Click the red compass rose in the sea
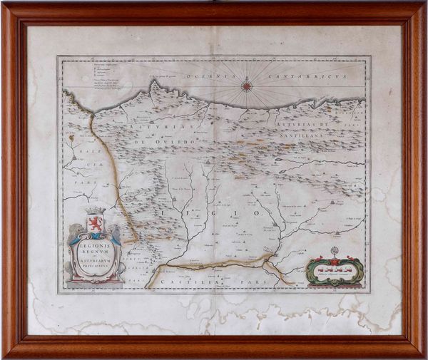tap(247, 86)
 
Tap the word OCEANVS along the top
tap(200, 75)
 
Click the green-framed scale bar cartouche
tap(334, 271)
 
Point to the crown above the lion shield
tap(95, 212)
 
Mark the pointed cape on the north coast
tap(152, 84)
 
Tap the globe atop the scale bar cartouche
tap(334, 250)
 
